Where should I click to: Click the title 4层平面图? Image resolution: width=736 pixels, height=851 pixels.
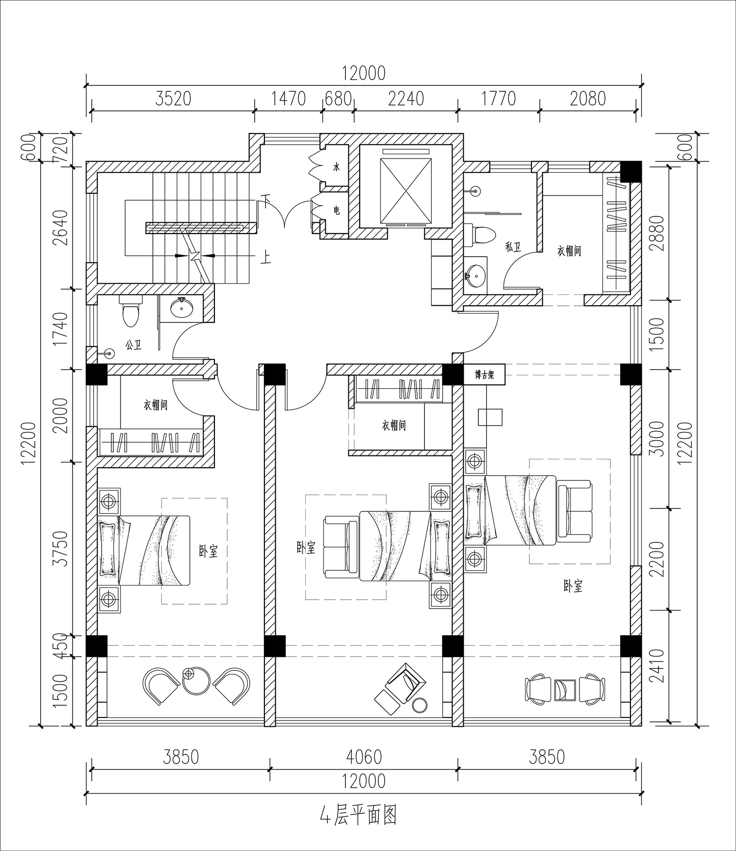pyautogui.click(x=358, y=815)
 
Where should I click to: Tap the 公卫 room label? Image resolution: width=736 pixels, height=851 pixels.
pyautogui.click(x=133, y=346)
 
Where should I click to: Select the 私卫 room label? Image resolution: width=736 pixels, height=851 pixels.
pyautogui.click(x=513, y=247)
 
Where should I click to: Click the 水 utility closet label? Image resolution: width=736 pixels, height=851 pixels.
pyautogui.click(x=337, y=167)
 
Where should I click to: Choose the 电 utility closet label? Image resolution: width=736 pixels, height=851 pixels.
pyautogui.click(x=337, y=211)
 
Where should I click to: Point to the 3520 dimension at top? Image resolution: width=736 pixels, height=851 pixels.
pyautogui.click(x=173, y=99)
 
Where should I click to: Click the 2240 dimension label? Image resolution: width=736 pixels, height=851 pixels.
pyautogui.click(x=406, y=99)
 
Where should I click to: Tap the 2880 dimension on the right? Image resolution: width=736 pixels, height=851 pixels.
pyautogui.click(x=657, y=233)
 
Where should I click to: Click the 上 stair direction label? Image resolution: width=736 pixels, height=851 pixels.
pyautogui.click(x=265, y=257)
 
